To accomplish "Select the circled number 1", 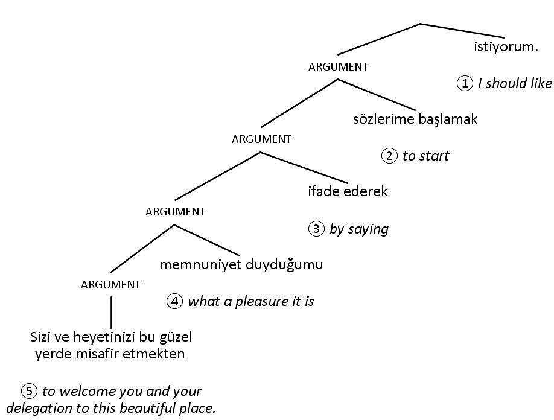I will tap(464, 83).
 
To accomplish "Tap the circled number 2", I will tap(389, 156).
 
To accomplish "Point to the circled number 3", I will tap(316, 229).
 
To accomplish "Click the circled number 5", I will tap(29, 390).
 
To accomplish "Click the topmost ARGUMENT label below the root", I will tap(338, 67).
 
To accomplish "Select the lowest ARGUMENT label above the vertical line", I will tap(110, 285).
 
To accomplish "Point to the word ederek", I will tap(365, 192).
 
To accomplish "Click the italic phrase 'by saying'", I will tap(358, 229).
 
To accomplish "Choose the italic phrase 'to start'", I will tap(425, 156).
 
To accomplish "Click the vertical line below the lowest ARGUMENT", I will tap(111, 311).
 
